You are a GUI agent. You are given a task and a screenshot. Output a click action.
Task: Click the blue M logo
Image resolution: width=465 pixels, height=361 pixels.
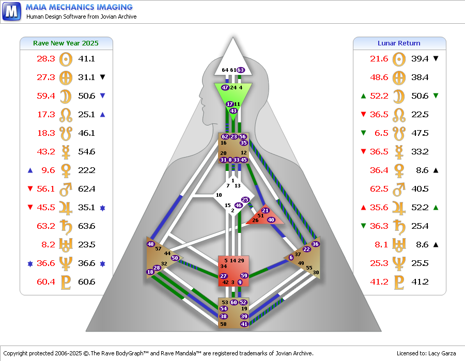11,11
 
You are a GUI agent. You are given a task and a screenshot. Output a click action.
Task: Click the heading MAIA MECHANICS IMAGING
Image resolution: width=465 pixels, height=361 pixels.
79,7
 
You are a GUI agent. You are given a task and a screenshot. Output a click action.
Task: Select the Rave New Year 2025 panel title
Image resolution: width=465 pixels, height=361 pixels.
66,43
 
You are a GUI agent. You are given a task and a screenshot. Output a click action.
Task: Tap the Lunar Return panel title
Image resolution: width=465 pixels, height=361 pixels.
399,43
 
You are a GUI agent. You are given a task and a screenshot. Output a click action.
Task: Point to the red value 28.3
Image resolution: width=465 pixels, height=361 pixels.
45,59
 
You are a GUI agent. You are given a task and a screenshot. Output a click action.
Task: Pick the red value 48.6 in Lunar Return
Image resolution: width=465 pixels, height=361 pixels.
379,77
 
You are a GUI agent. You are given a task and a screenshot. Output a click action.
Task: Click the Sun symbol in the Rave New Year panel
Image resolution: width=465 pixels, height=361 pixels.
66,59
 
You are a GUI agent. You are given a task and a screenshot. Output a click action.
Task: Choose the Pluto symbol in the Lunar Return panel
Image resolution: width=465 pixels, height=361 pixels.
399,282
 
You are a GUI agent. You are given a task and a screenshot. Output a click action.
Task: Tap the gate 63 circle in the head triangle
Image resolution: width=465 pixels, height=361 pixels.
240,70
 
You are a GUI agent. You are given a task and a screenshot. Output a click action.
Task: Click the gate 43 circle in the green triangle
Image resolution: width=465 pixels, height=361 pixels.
234,111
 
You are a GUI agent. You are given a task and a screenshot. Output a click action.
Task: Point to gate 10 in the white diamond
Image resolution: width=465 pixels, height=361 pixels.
219,195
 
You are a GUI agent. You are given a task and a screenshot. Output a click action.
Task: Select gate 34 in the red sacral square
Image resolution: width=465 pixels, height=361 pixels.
224,266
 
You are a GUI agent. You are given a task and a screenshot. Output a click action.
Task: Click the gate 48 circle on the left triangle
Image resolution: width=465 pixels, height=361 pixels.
151,244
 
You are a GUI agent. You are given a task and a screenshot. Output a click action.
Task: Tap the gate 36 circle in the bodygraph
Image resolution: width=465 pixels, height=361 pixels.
315,244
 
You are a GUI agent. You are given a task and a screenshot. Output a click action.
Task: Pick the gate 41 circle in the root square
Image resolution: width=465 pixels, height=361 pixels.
244,324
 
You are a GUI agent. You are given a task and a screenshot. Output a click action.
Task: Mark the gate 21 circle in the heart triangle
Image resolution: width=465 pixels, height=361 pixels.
265,210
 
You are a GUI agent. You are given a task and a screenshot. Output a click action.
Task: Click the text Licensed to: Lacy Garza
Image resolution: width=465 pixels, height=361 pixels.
426,353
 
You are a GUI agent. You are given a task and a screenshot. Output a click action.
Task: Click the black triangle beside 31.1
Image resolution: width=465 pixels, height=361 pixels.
103,77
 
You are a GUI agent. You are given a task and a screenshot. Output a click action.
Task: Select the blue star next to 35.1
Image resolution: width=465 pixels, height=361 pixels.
103,208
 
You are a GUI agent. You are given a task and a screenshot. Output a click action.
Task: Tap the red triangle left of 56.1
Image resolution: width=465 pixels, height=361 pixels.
30,189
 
